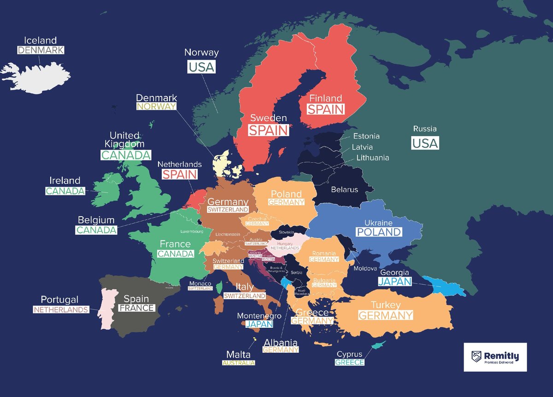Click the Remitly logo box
(495, 356)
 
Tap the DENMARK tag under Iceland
(41, 50)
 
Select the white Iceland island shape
(37, 76)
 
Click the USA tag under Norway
(201, 67)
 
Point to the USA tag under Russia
(425, 143)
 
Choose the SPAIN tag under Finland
(326, 109)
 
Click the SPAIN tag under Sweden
(269, 130)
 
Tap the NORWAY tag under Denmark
(157, 107)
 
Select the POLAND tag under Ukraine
(378, 232)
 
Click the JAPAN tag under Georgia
(394, 281)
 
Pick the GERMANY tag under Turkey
(385, 315)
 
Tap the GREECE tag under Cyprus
(349, 362)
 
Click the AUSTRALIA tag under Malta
(238, 363)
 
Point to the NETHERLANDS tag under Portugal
(60, 310)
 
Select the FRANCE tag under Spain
(136, 308)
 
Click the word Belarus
(344, 190)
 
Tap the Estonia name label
(366, 136)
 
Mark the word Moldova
(365, 268)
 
